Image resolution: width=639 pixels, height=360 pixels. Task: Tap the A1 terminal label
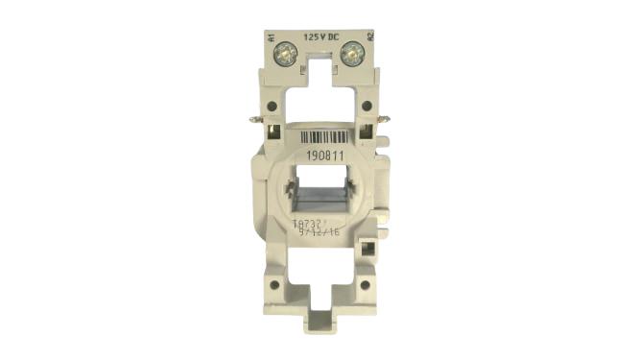(x=273, y=43)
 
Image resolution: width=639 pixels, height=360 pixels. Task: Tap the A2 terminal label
(x=369, y=43)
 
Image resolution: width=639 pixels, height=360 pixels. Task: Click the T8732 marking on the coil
(x=306, y=223)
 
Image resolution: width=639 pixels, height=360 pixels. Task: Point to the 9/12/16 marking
(x=317, y=232)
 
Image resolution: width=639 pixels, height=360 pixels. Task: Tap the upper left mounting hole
(x=272, y=107)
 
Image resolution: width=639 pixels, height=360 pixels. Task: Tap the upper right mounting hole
(x=367, y=107)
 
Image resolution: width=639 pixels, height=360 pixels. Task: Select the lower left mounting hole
(x=273, y=284)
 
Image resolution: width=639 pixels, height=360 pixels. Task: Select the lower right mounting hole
(x=367, y=284)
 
